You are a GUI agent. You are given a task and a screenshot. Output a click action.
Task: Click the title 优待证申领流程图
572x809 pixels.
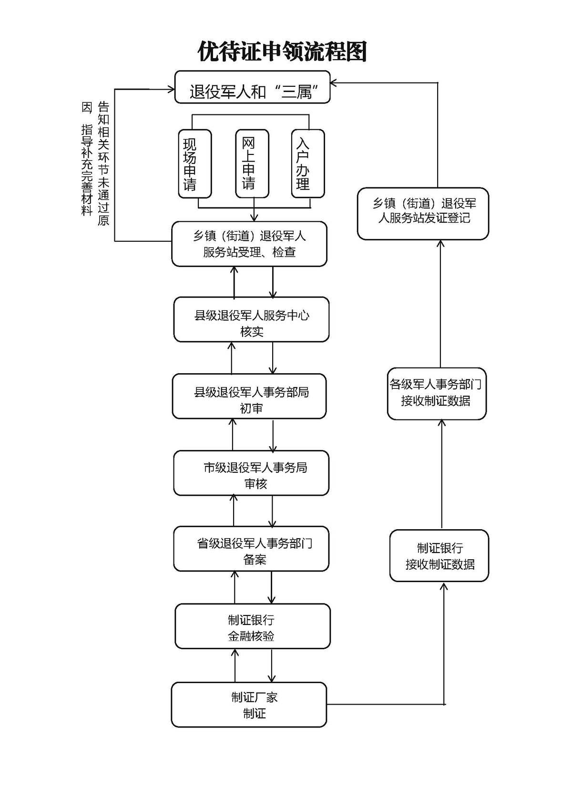point(282,51)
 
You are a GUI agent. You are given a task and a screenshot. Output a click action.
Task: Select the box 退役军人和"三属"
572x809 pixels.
point(252,87)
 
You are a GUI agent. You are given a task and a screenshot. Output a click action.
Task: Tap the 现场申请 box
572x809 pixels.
point(194,164)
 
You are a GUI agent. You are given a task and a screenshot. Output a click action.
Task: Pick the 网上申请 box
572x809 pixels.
point(252,164)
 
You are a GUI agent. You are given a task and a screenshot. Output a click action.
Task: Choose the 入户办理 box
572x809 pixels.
point(307,164)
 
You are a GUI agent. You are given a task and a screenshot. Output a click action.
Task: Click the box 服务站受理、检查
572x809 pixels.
point(249,244)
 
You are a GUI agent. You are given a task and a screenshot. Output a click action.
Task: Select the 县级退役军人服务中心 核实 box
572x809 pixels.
point(251,319)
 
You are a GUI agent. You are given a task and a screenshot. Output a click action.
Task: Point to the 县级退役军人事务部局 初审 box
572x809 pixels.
point(249,396)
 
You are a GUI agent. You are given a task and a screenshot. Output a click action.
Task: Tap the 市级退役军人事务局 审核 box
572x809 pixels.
point(251,473)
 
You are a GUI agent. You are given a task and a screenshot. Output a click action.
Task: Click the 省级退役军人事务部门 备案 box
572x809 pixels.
point(251,549)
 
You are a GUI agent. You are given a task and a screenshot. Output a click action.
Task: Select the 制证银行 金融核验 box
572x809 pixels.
point(252,626)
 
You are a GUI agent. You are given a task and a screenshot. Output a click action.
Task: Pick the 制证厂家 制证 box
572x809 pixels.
point(249,705)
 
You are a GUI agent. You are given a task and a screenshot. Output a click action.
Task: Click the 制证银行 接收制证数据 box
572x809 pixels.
point(439,555)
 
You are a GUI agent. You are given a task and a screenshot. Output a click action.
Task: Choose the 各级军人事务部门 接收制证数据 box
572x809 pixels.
point(436,393)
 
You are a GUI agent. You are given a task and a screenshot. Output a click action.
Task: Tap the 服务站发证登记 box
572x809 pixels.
point(423,214)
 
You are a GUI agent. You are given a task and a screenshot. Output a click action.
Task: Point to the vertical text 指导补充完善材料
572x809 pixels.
point(87,169)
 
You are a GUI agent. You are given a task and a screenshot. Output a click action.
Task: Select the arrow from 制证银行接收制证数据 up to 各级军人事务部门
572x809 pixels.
point(442,474)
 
